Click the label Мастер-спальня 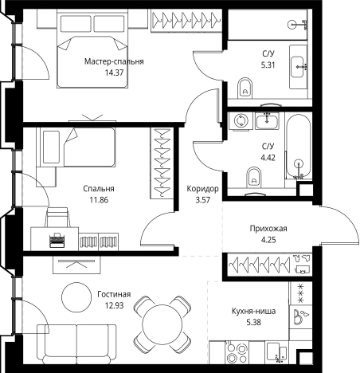point(114,61)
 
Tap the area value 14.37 point(114,73)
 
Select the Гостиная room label point(114,294)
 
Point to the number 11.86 point(99,200)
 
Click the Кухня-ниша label point(253,311)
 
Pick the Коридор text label point(202,189)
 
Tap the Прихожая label point(268,229)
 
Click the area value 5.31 point(268,65)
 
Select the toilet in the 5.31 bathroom point(245,88)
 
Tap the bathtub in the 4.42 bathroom point(299,147)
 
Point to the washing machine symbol point(241,121)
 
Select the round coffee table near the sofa point(76,297)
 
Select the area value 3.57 point(203,200)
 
